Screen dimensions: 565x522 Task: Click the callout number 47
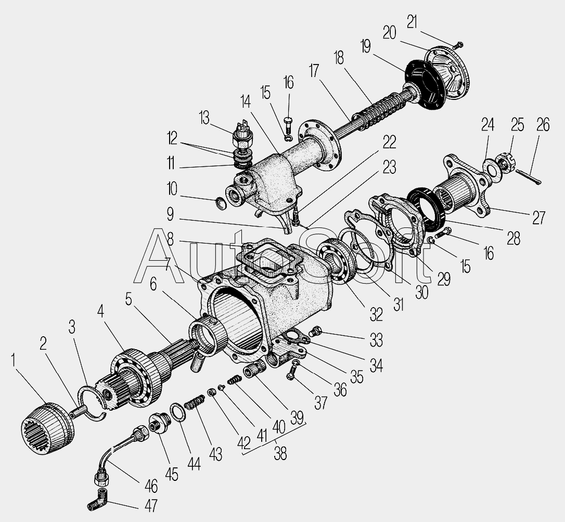151,505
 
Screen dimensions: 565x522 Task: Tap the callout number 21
412,22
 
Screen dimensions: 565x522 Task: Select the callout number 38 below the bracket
280,454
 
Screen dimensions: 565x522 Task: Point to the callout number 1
14,361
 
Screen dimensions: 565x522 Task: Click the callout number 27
538,218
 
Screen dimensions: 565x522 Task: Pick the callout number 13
204,118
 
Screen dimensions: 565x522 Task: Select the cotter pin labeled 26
529,177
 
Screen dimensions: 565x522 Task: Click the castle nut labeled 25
505,163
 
